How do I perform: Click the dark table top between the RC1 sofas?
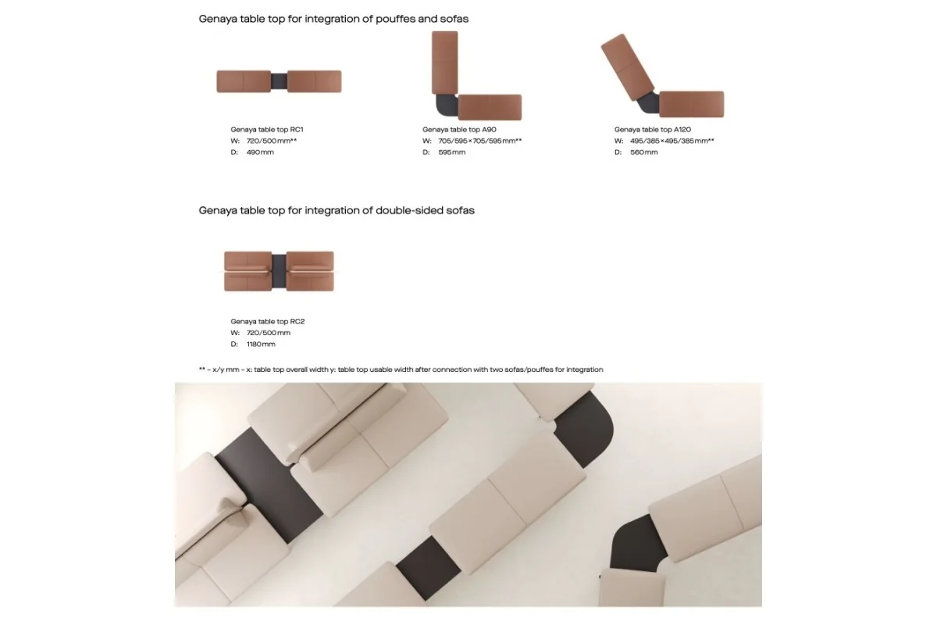279,81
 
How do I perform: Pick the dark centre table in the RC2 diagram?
279,271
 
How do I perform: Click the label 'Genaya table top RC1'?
267,130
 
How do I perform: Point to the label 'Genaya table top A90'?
459,130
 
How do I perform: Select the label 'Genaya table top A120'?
653,130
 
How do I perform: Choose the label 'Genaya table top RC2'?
268,322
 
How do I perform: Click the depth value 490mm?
260,152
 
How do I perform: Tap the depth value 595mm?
452,152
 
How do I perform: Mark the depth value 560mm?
643,152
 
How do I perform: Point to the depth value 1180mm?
261,344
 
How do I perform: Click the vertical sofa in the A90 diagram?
444,62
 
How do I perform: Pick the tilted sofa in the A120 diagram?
627,67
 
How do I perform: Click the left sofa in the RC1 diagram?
244,81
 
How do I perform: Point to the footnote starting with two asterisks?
401,370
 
